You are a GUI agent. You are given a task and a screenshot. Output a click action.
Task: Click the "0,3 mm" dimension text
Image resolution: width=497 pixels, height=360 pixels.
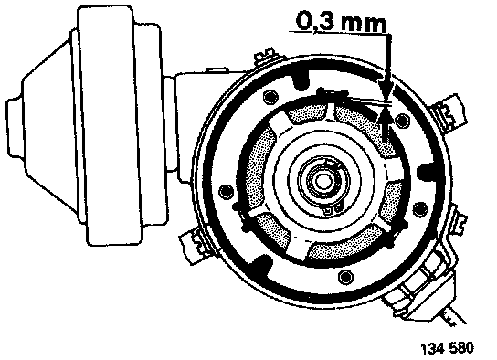(341, 22)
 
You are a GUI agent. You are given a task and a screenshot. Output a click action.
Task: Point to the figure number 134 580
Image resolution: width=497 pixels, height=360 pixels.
(448, 348)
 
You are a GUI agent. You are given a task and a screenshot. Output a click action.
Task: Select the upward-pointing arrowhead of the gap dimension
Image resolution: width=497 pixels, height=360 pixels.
(386, 116)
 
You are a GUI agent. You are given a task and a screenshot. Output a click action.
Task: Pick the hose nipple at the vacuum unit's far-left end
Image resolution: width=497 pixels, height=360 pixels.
(15, 127)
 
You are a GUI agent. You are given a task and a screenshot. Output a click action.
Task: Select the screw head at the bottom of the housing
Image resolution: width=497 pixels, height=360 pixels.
(344, 277)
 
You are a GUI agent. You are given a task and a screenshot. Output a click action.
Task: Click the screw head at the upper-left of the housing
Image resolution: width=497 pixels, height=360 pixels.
(270, 97)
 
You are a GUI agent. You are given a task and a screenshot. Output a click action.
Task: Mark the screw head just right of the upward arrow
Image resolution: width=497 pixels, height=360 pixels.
(402, 121)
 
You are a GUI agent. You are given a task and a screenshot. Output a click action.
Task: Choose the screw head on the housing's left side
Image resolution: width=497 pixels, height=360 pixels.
(226, 192)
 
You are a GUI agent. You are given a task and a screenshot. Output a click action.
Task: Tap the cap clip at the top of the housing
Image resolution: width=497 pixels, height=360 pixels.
(265, 56)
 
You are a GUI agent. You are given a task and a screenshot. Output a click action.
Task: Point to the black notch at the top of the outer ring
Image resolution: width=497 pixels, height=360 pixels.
(301, 79)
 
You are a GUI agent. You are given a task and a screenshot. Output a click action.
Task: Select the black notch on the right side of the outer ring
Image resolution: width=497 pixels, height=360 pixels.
(427, 172)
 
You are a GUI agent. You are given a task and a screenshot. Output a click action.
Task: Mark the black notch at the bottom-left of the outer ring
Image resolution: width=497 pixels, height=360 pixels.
(262, 265)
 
